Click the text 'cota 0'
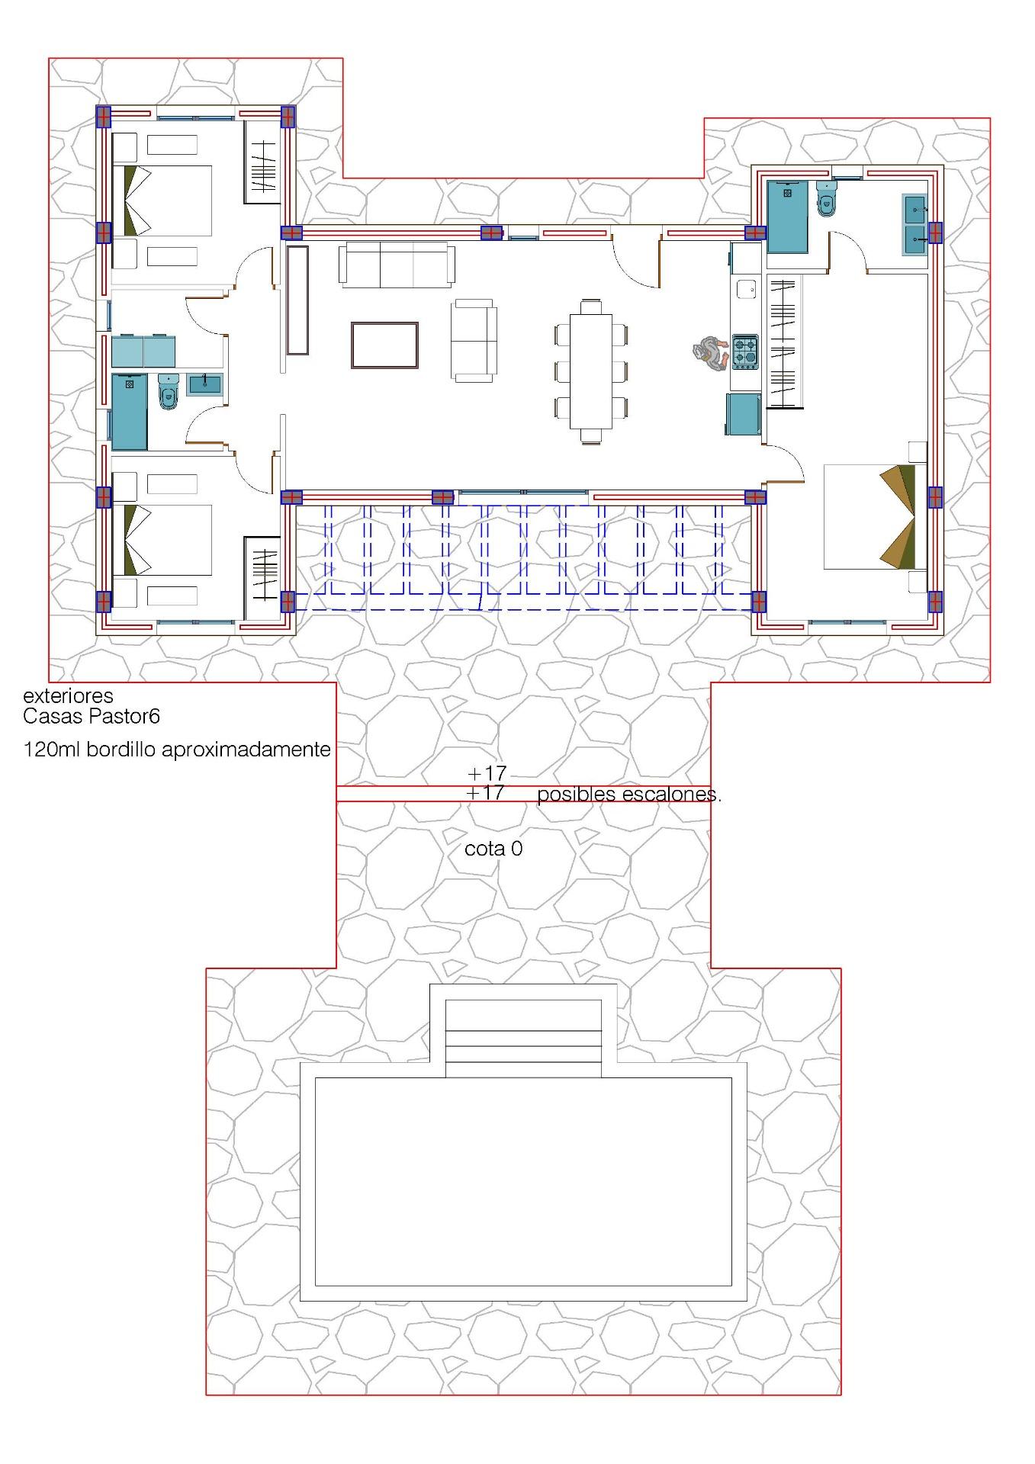coord(493,849)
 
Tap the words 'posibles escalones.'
coord(628,795)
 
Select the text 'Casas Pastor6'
coord(91,717)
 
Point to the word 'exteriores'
coord(68,695)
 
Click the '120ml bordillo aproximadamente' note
coord(177,750)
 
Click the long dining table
coord(591,371)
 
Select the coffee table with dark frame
coord(384,345)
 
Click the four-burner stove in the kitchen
coord(745,352)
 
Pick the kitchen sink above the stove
coord(745,289)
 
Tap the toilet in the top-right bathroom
coord(825,199)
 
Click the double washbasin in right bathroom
coord(914,225)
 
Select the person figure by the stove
coord(710,354)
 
